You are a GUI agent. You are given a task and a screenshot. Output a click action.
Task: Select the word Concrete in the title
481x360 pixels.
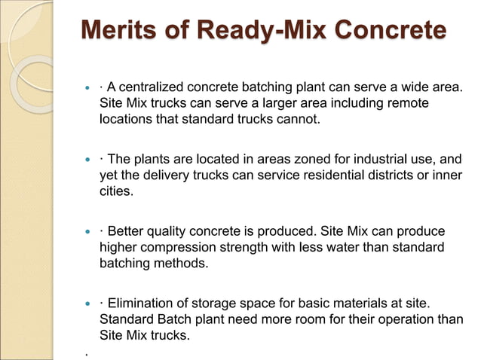click(x=386, y=32)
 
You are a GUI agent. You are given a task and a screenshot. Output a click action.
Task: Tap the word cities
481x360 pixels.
click(x=116, y=191)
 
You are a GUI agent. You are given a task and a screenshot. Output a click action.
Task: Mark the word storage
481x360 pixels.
click(x=231, y=304)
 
